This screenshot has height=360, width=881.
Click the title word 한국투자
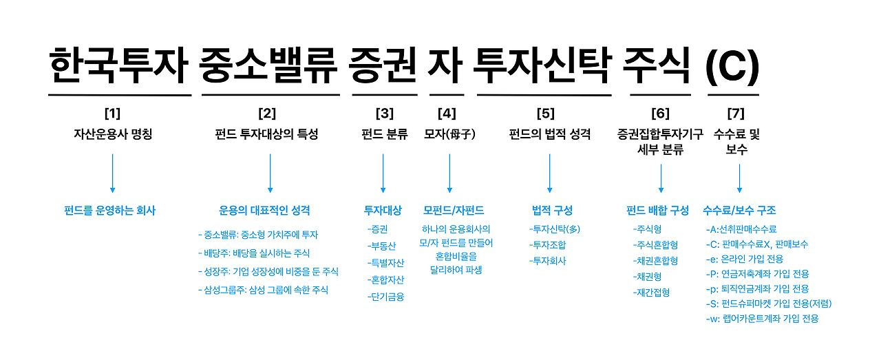coord(118,65)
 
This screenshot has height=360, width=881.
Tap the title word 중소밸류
coord(268,65)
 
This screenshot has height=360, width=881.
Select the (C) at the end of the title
coord(732,67)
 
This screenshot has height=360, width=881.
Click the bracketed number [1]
coord(112,114)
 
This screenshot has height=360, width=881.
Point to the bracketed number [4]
coord(447,114)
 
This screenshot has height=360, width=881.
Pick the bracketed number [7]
coord(736,114)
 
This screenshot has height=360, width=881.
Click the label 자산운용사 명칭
coord(113,134)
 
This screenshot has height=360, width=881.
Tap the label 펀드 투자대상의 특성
coord(266,134)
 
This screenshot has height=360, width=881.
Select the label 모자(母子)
coord(449,134)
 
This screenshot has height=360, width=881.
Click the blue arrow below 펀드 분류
coord(383,173)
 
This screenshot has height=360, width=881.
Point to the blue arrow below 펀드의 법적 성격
coord(549,173)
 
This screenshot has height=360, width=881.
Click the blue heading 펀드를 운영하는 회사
coord(109,211)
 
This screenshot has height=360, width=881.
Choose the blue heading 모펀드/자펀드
coord(454,211)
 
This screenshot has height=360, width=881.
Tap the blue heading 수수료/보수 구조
coord(739,211)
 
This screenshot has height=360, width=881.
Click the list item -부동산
coord(381,246)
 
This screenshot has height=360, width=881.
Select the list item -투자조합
coord(547,245)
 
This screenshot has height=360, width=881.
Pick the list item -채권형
coord(648,277)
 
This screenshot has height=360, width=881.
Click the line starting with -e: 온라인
coord(745,259)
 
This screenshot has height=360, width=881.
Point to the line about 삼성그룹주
coord(263,290)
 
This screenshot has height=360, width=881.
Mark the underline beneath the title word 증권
coord(385,95)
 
